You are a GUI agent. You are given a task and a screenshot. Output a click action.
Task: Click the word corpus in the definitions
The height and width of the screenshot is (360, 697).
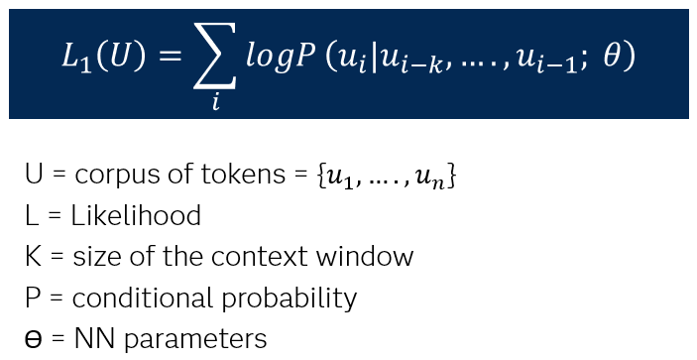click(109, 177)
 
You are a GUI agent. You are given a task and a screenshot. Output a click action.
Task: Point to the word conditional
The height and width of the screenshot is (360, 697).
click(130, 299)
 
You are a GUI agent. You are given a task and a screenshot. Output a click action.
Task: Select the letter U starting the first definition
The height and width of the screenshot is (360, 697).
click(33, 177)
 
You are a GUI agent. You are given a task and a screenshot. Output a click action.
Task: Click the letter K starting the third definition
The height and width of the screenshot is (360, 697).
click(32, 258)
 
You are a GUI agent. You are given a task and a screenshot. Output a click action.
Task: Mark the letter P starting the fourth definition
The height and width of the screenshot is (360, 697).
click(32, 299)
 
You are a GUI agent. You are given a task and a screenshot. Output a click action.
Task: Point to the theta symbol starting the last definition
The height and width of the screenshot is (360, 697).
click(33, 339)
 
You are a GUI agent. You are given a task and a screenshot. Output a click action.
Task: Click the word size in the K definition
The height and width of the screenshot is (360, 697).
click(94, 258)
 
